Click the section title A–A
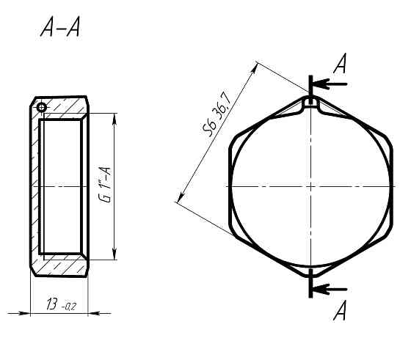(60, 27)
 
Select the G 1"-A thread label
(106, 185)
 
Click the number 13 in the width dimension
(52, 304)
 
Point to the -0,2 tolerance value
(69, 306)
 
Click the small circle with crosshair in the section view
(42, 107)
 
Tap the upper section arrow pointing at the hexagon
(330, 84)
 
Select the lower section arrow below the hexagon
(330, 290)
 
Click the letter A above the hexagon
(340, 63)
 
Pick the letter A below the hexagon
(340, 310)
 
